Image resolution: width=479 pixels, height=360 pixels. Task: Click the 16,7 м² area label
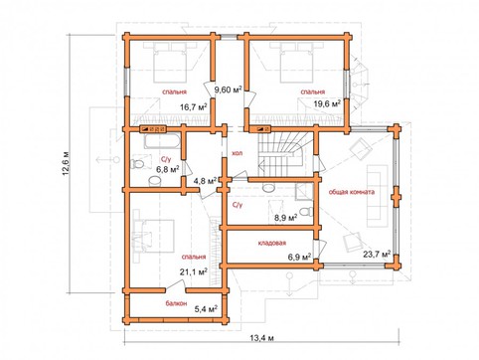click(x=194, y=106)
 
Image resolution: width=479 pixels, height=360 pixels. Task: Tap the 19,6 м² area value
click(x=327, y=103)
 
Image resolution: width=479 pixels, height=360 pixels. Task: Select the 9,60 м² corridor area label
click(x=229, y=90)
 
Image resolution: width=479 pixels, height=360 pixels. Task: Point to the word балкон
click(x=176, y=303)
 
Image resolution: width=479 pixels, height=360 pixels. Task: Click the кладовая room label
click(x=272, y=243)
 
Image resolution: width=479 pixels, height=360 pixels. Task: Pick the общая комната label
click(x=352, y=192)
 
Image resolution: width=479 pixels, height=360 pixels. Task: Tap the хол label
click(x=238, y=153)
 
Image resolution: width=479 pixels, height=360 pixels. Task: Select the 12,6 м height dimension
click(x=67, y=163)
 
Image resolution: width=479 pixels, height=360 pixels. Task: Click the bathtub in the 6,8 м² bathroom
click(x=162, y=140)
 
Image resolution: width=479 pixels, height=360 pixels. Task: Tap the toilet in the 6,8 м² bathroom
click(x=137, y=164)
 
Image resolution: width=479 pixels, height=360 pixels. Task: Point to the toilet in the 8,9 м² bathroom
click(x=306, y=211)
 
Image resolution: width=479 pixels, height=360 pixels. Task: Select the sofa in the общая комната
click(x=378, y=196)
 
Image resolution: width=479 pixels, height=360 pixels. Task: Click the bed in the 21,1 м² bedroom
click(x=154, y=236)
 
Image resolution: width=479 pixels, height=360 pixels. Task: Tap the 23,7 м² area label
click(x=377, y=255)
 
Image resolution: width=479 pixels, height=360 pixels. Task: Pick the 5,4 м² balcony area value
click(x=206, y=309)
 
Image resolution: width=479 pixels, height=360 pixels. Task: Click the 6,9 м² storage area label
click(x=299, y=257)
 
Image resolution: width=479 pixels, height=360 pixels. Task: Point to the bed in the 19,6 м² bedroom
click(x=296, y=63)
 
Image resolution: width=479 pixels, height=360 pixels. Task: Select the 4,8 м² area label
click(x=205, y=181)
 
